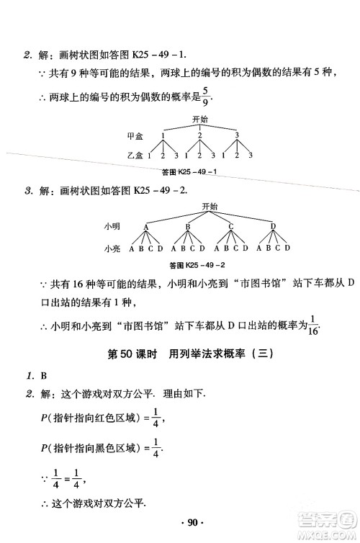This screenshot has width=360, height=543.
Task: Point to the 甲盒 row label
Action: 134,135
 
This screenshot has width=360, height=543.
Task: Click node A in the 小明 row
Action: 146,227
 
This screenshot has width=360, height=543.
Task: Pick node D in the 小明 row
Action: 273,227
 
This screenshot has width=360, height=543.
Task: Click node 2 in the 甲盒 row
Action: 199,135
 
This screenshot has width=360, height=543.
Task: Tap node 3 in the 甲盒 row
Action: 237,135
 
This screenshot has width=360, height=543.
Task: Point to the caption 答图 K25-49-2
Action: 197,265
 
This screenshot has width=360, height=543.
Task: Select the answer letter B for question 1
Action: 44,375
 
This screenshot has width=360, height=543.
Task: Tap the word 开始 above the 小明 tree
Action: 210,206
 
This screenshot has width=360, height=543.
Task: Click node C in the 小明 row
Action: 230,227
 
